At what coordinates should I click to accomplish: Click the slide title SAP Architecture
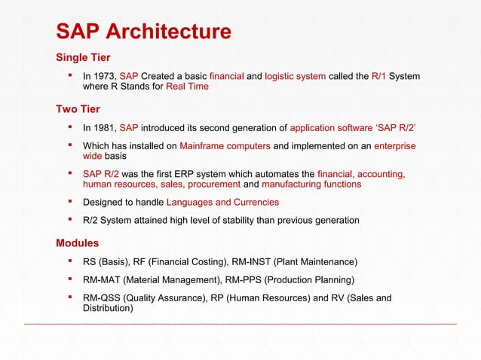coord(144,32)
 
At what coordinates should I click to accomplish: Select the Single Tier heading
coord(84,58)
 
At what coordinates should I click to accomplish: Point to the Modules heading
coord(77,243)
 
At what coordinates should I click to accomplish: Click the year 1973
coord(106,76)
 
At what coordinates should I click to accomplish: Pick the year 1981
coord(106,128)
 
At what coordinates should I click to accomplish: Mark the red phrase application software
coord(332,128)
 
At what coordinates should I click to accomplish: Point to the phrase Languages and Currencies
coord(222,202)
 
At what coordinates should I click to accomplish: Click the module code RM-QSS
coord(103,297)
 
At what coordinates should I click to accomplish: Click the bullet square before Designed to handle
coord(69,201)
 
